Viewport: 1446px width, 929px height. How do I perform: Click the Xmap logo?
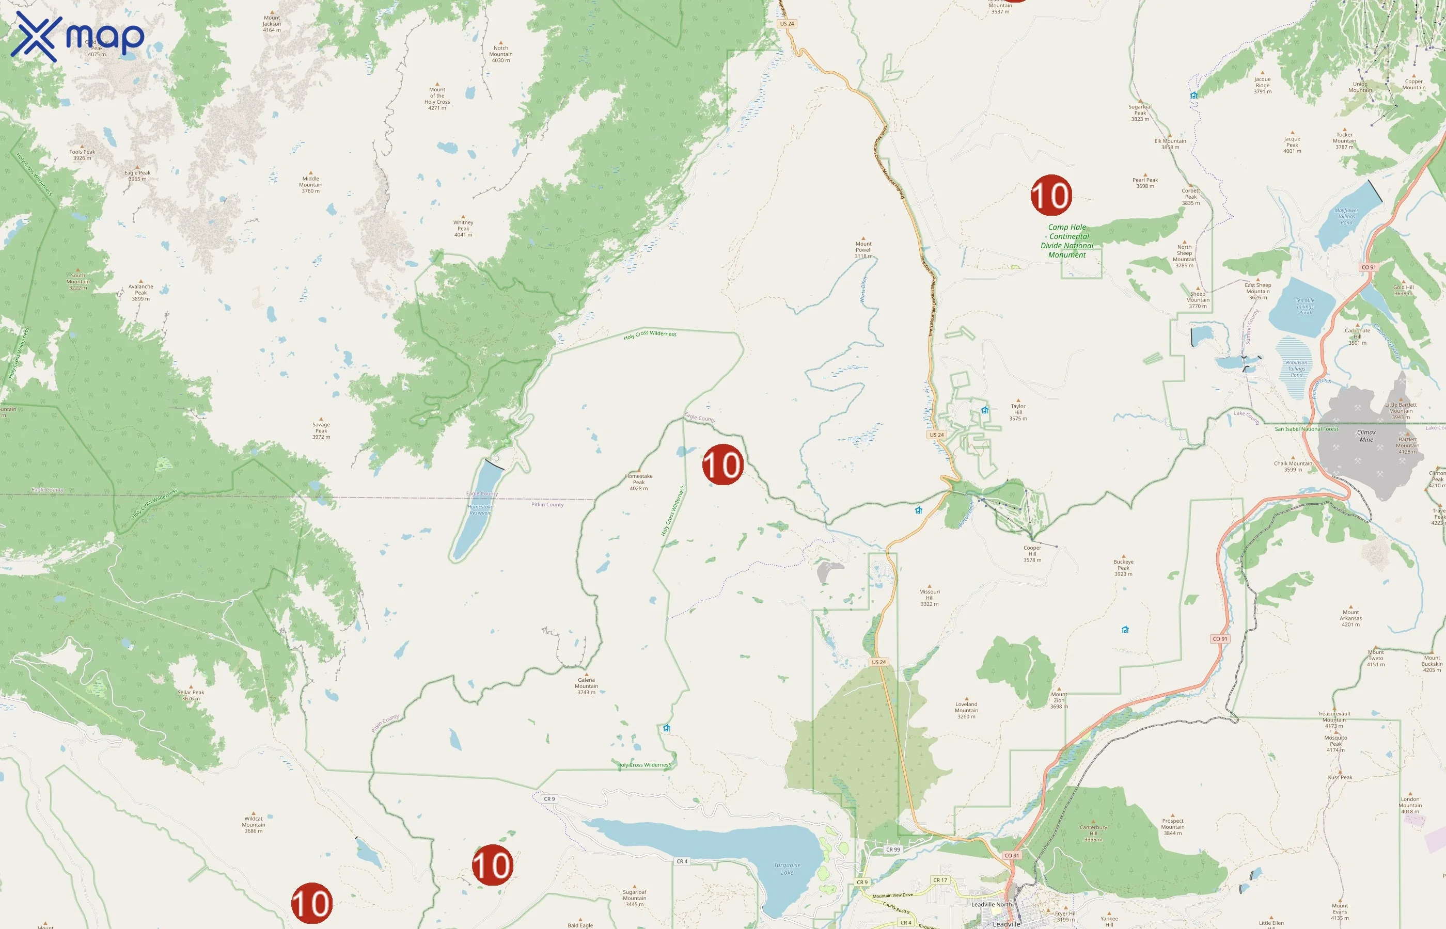[x=77, y=37]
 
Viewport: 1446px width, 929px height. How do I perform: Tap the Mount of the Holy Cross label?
[x=437, y=99]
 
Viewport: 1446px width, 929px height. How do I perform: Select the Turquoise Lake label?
[x=787, y=869]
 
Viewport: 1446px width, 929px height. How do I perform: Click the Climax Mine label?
[x=1366, y=436]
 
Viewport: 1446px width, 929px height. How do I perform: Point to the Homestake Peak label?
[x=638, y=482]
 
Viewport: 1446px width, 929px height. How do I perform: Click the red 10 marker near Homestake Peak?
[x=722, y=465]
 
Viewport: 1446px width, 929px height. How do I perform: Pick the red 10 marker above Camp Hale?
[x=1051, y=196]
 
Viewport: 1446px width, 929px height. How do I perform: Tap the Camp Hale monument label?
[x=1067, y=241]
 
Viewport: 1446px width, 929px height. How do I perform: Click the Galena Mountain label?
[x=586, y=686]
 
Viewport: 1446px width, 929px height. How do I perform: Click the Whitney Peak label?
[x=463, y=229]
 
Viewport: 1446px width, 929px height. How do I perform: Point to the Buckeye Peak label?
[x=1123, y=568]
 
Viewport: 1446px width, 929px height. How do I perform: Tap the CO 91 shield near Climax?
[x=1369, y=267]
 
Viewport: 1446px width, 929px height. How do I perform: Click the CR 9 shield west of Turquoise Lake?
[x=549, y=799]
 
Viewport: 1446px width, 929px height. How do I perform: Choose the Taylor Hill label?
[x=1018, y=412]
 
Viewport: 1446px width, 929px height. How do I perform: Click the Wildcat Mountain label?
[x=254, y=825]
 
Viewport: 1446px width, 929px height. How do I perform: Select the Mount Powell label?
[x=863, y=250]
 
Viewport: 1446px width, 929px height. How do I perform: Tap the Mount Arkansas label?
[x=1350, y=618]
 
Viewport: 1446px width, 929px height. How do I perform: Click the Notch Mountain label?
[x=501, y=54]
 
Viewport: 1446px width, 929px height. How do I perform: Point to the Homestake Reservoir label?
[x=480, y=510]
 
